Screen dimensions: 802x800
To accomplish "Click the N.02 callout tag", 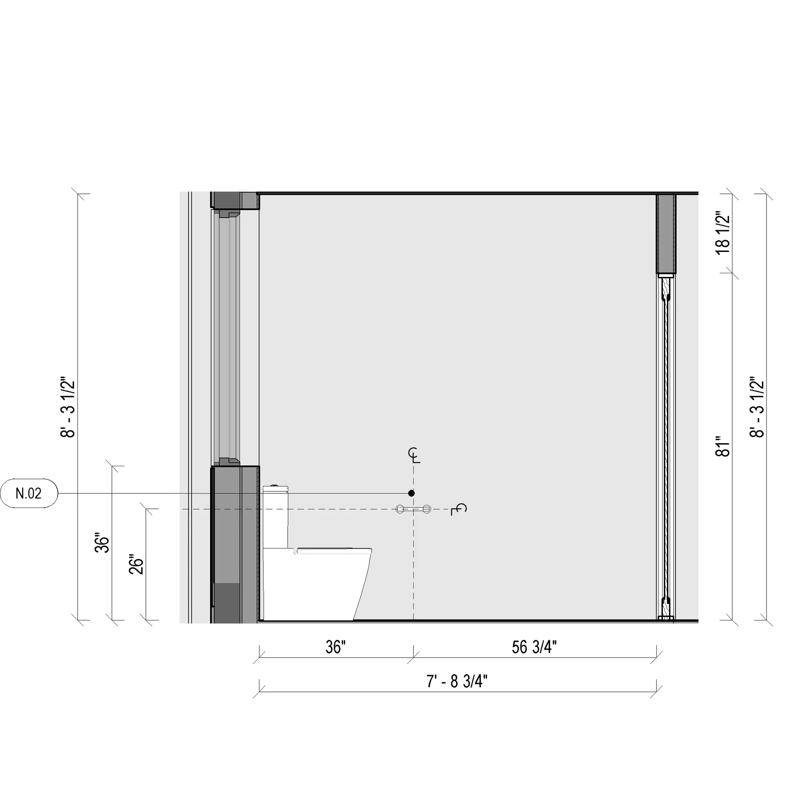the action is point(28,493).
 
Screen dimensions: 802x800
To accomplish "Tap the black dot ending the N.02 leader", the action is point(411,493).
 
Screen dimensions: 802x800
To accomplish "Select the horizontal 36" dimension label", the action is point(336,647).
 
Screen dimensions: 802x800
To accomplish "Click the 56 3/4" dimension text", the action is point(534,647).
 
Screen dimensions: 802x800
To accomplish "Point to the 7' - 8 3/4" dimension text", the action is point(457,681).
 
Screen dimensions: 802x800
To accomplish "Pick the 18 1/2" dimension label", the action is point(723,234).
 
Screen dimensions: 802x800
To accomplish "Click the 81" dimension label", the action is point(723,447).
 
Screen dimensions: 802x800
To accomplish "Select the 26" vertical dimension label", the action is point(136,565).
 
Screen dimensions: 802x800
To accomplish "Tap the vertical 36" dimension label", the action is point(102,543).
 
